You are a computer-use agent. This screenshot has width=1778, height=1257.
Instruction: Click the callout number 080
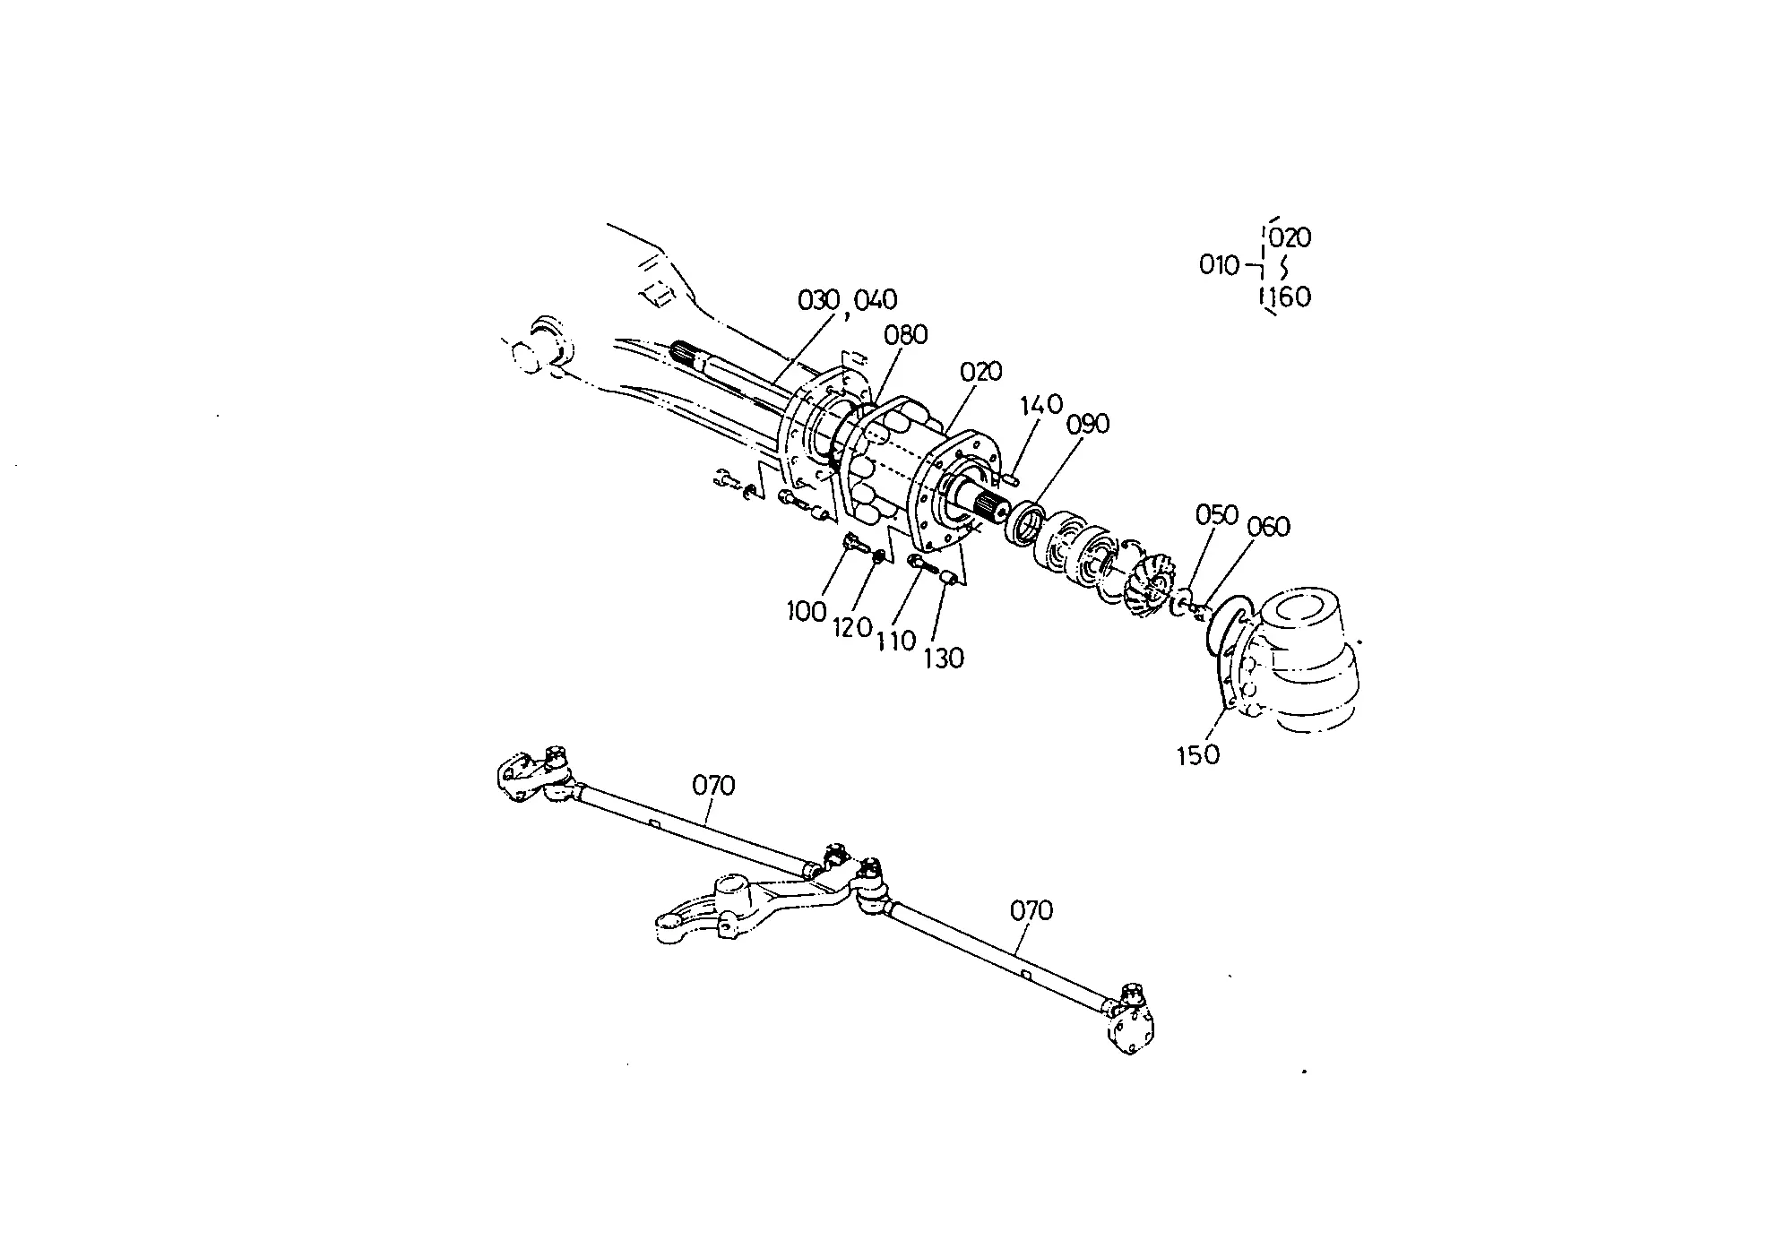tap(905, 335)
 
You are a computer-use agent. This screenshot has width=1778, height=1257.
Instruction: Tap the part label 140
tap(1040, 404)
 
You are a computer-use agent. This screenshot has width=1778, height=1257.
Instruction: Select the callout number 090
tap(1087, 424)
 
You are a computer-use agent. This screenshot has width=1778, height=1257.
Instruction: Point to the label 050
tap(1217, 515)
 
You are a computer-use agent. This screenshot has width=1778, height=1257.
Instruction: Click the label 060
tap(1268, 527)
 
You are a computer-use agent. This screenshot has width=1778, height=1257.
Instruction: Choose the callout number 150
tap(1198, 755)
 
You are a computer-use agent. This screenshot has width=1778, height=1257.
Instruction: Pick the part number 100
tap(807, 613)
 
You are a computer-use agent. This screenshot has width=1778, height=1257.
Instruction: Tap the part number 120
tap(852, 627)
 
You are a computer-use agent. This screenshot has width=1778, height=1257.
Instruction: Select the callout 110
tap(896, 641)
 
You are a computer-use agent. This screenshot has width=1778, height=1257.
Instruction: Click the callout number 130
tap(944, 659)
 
